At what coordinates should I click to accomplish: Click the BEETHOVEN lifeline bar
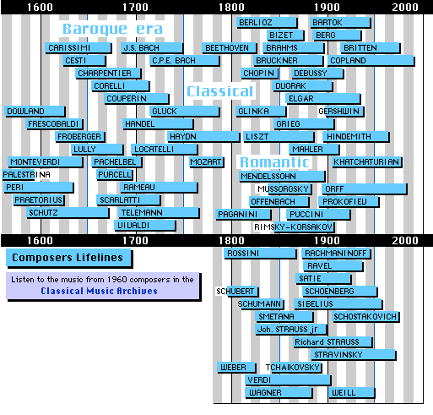pos(229,48)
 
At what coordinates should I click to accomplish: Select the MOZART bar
pos(207,162)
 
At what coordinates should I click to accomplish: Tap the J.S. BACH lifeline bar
pos(152,48)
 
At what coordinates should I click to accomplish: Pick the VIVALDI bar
pos(145,226)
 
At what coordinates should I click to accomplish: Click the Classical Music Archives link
pos(99,291)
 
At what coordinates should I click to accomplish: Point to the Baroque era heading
pos(112,29)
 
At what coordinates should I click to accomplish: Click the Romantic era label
pos(274,162)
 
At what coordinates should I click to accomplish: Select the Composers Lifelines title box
pos(69,258)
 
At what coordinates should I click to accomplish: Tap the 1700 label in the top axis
pos(135,8)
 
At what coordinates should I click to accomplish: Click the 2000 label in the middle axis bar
pos(405,241)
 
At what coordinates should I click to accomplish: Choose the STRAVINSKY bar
pos(353,355)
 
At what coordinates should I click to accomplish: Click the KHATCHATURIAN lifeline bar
pos(366,162)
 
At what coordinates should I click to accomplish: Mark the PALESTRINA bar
pos(19,175)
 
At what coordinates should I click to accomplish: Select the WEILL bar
pos(351,393)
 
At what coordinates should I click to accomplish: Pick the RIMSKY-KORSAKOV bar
pos(304,227)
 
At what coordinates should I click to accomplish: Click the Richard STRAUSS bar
pos(333,342)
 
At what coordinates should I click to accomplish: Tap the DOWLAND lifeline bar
pos(35,112)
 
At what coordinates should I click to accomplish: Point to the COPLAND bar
pos(371,61)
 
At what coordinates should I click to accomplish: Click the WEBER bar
pos(236,368)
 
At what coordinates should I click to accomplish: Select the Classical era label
pos(220,91)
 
